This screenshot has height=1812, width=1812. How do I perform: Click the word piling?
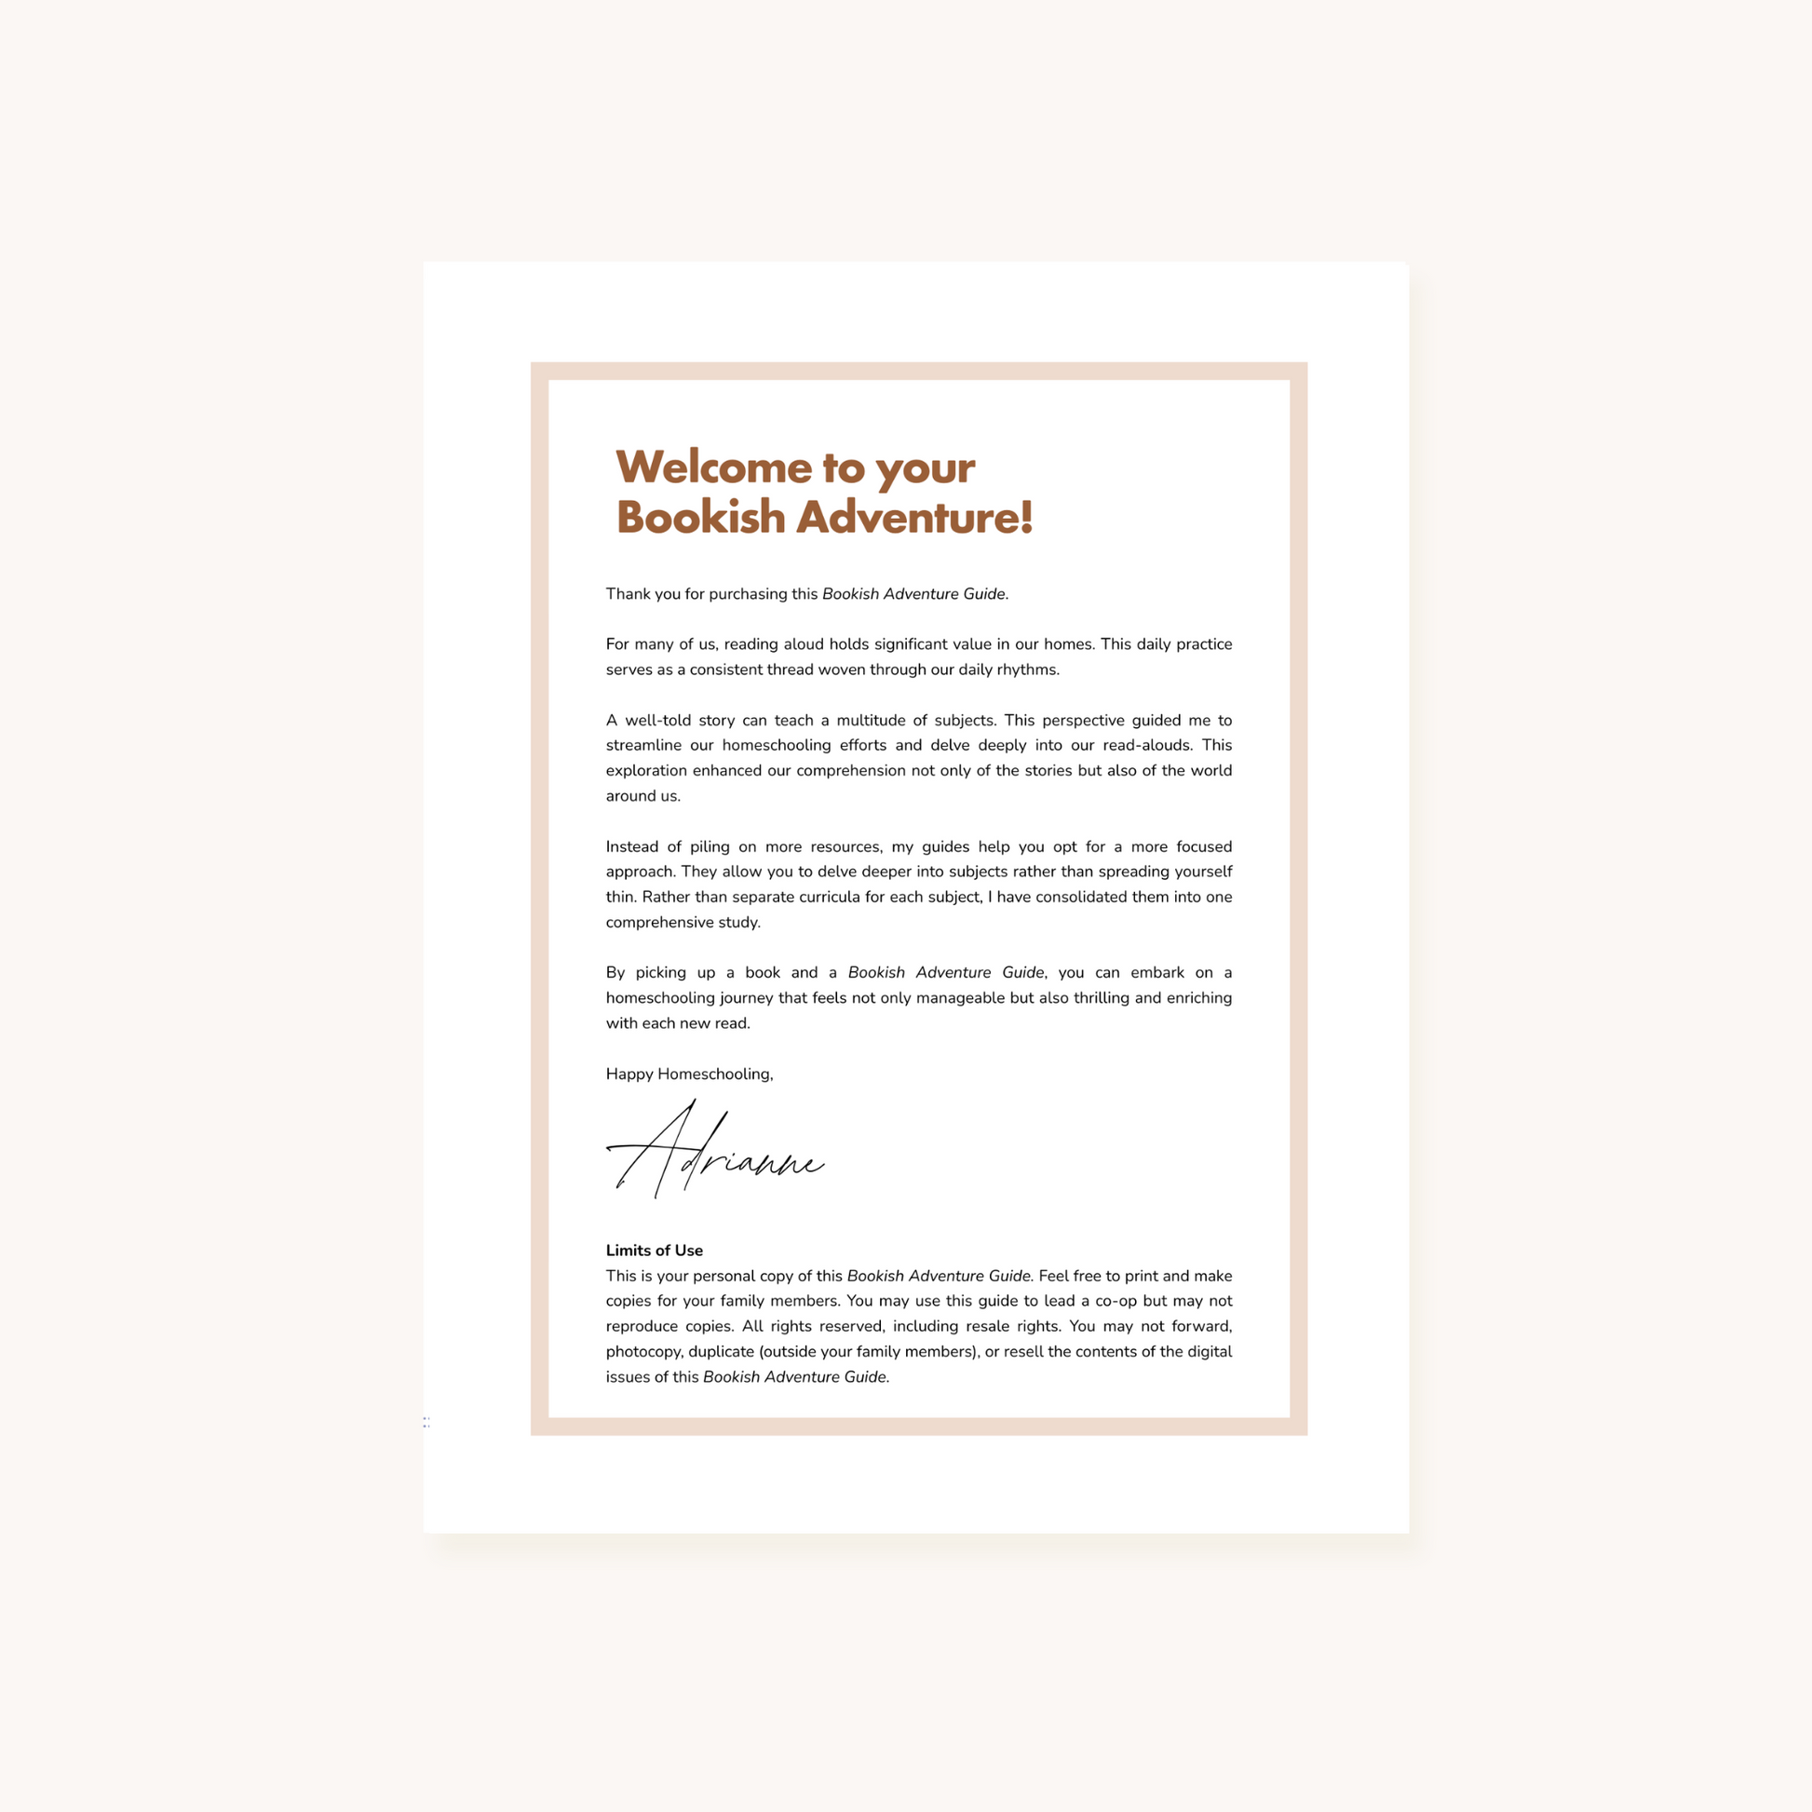[709, 847]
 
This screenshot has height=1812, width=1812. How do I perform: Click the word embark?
[1157, 973]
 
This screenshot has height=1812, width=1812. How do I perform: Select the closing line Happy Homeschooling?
[689, 1075]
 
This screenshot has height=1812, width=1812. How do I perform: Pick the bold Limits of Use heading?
[654, 1251]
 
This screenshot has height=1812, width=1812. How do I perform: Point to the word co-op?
[1115, 1302]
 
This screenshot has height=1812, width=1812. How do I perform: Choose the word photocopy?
[642, 1352]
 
